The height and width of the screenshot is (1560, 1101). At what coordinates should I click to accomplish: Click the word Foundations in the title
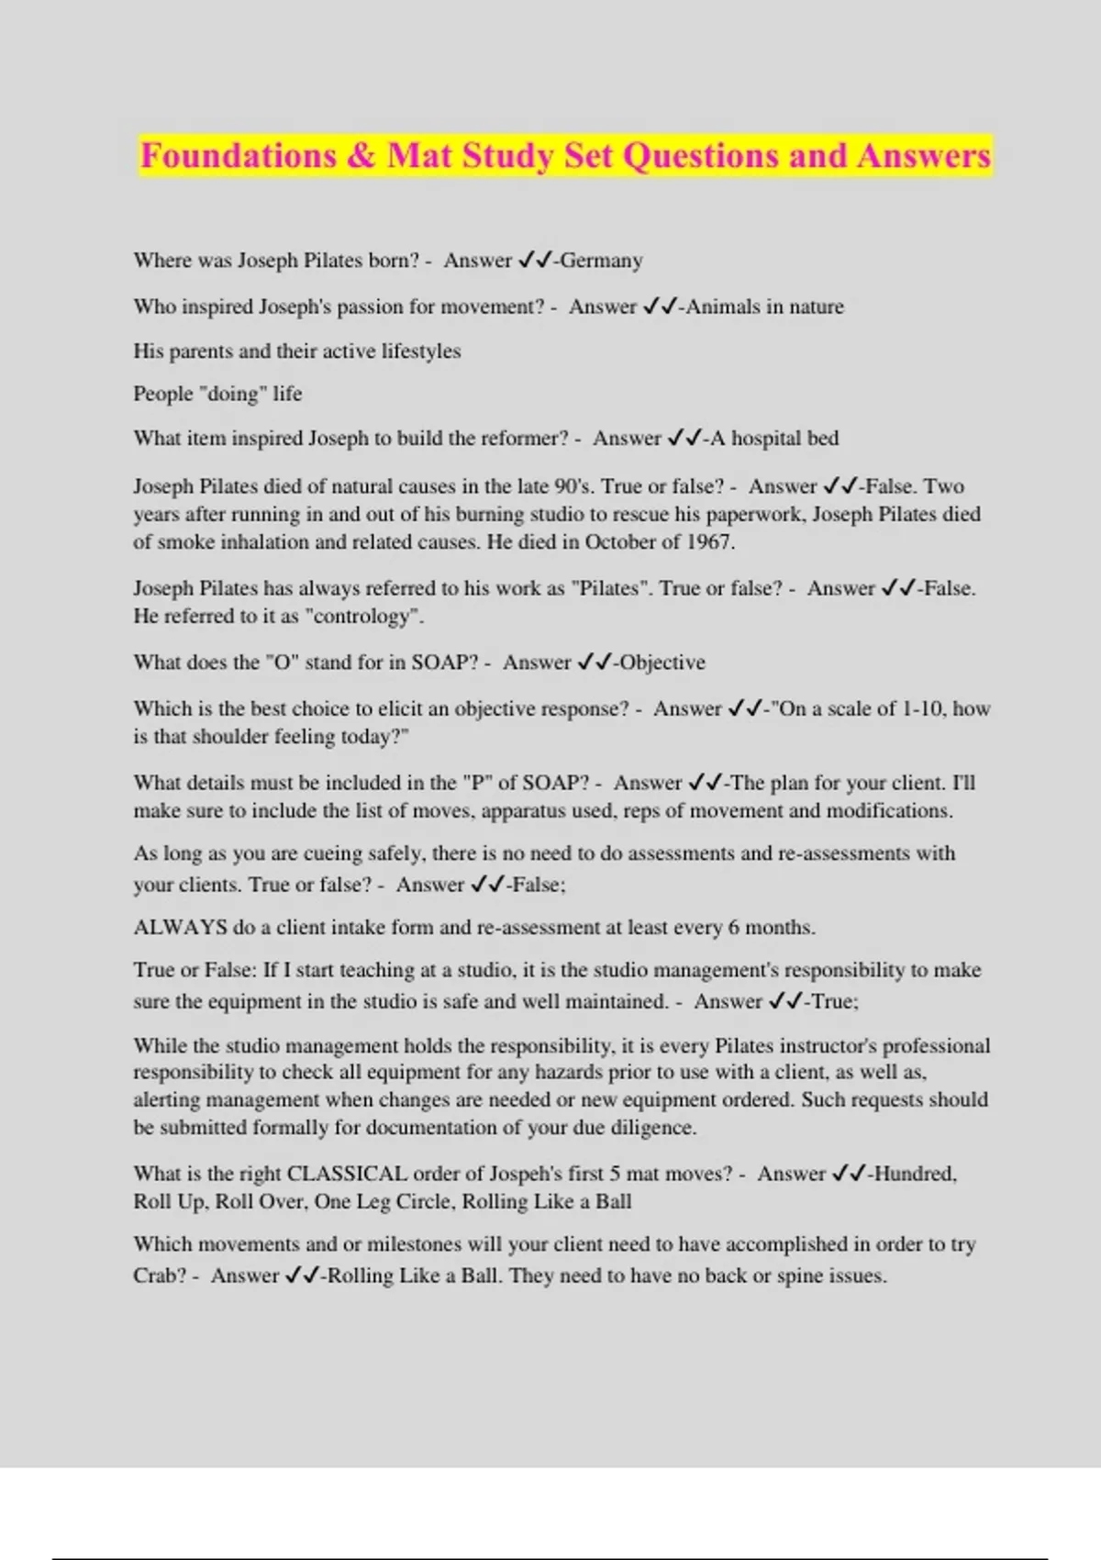click(x=239, y=156)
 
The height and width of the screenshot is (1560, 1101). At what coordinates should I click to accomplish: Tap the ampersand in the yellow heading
click(x=361, y=156)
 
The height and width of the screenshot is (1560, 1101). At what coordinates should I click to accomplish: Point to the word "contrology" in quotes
click(x=367, y=617)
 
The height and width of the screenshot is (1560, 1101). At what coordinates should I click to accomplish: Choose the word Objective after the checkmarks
click(x=662, y=663)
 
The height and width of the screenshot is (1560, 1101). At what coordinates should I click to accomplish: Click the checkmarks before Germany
click(x=535, y=261)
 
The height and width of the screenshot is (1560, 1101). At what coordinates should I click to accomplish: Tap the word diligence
click(x=652, y=1128)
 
